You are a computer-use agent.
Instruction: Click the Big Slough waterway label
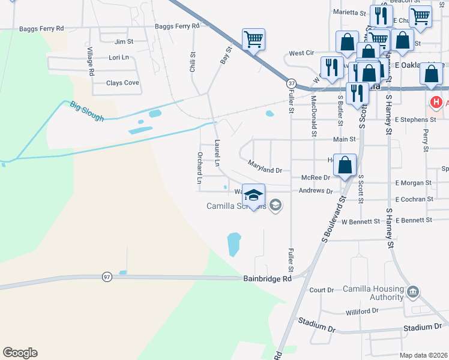point(87,112)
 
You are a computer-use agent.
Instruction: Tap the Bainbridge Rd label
point(268,278)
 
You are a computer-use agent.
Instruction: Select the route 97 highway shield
point(107,277)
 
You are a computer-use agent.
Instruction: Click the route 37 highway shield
point(291,83)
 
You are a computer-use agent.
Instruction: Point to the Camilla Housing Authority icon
point(412,292)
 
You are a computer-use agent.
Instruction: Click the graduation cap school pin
point(254,195)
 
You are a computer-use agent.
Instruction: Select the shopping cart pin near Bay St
point(253,40)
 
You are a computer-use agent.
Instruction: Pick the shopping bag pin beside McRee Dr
point(345,165)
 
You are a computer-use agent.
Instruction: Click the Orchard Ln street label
point(200,167)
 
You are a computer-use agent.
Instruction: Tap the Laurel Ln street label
point(217,153)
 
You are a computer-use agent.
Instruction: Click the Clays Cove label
point(122,83)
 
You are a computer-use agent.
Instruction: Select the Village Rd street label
point(91,61)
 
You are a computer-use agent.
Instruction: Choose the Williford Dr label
point(363,312)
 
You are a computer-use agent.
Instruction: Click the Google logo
point(20,353)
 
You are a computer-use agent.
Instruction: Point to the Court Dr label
point(321,290)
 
